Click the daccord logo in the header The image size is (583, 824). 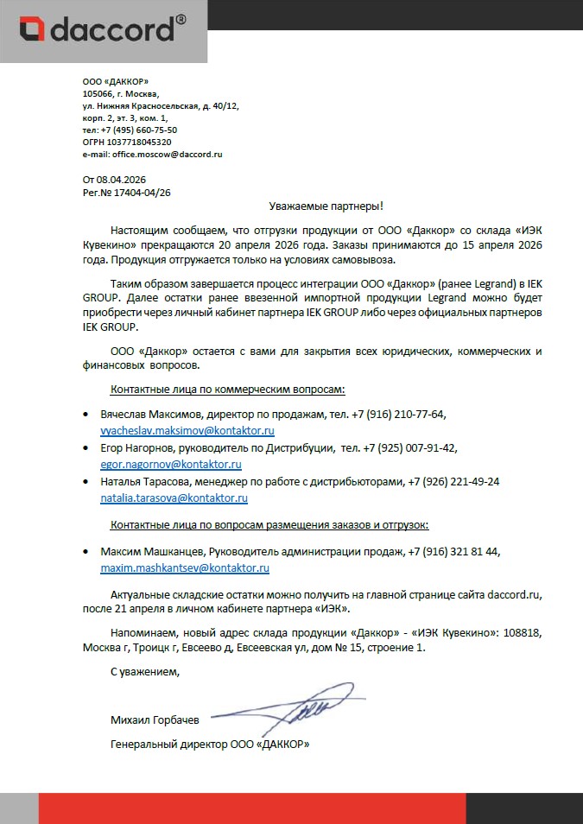pyautogui.click(x=103, y=31)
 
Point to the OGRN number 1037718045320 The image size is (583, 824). pyautogui.click(x=138, y=142)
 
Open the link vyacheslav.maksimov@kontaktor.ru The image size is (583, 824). pyautogui.click(x=187, y=430)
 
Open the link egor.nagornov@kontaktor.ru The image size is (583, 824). pyautogui.click(x=171, y=465)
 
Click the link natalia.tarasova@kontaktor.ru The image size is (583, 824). pyautogui.click(x=174, y=498)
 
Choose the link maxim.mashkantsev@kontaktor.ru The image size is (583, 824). pyautogui.click(x=185, y=568)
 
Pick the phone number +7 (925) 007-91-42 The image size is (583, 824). pyautogui.click(x=410, y=449)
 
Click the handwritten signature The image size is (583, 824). pyautogui.click(x=298, y=708)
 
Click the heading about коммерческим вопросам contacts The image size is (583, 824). pyautogui.click(x=229, y=390)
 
